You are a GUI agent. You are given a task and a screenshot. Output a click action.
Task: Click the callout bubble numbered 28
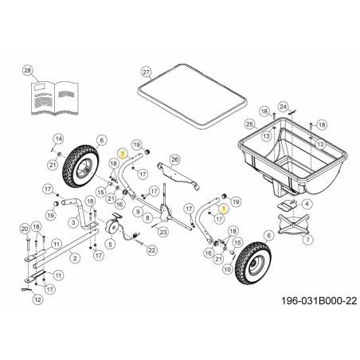pyautogui.click(x=29, y=72)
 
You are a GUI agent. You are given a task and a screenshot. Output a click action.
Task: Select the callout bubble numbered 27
pyautogui.click(x=146, y=72)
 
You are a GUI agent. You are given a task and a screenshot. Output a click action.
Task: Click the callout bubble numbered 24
pyautogui.click(x=282, y=106)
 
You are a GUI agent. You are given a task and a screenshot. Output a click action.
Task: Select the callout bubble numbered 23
pyautogui.click(x=162, y=232)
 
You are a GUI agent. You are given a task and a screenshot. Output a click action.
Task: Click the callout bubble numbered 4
pyautogui.click(x=307, y=205)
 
